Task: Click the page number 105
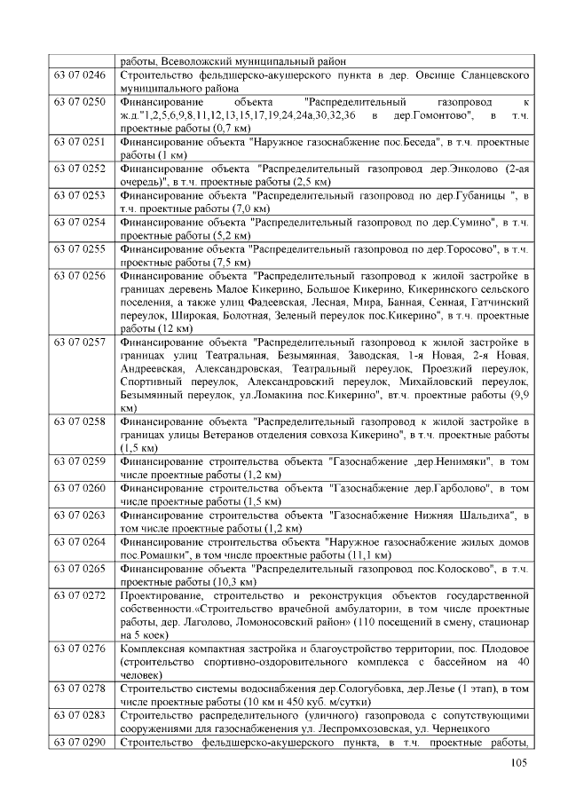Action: click(x=519, y=766)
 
